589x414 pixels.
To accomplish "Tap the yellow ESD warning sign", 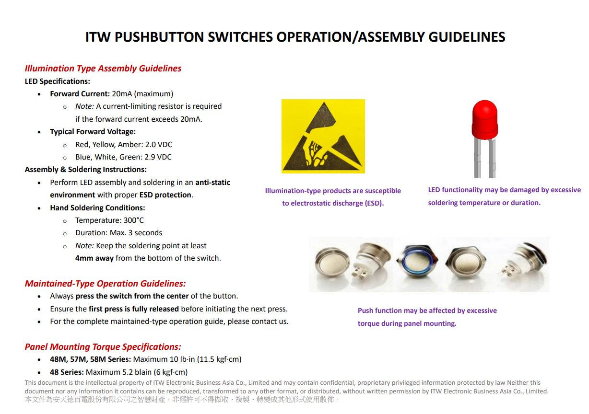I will tap(323, 136).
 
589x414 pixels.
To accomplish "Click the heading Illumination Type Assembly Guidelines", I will tap(103, 69).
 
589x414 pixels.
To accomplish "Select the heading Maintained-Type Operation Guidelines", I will tap(105, 284).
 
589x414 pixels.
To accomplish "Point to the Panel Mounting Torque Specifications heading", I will tap(103, 347).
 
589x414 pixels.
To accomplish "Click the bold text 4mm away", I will tap(94, 258).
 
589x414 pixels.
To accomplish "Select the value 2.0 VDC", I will tap(158, 145).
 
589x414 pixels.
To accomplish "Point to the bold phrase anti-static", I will tap(212, 183).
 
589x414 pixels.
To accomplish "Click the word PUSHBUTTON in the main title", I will tap(158, 37).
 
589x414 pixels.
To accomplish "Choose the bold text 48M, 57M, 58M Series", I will tap(90, 359).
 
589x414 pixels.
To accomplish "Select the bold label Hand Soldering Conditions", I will tap(97, 208).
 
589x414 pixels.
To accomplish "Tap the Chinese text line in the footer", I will tap(182, 400).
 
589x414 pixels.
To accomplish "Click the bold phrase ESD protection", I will tap(165, 195).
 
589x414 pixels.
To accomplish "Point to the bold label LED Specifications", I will tap(58, 81).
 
